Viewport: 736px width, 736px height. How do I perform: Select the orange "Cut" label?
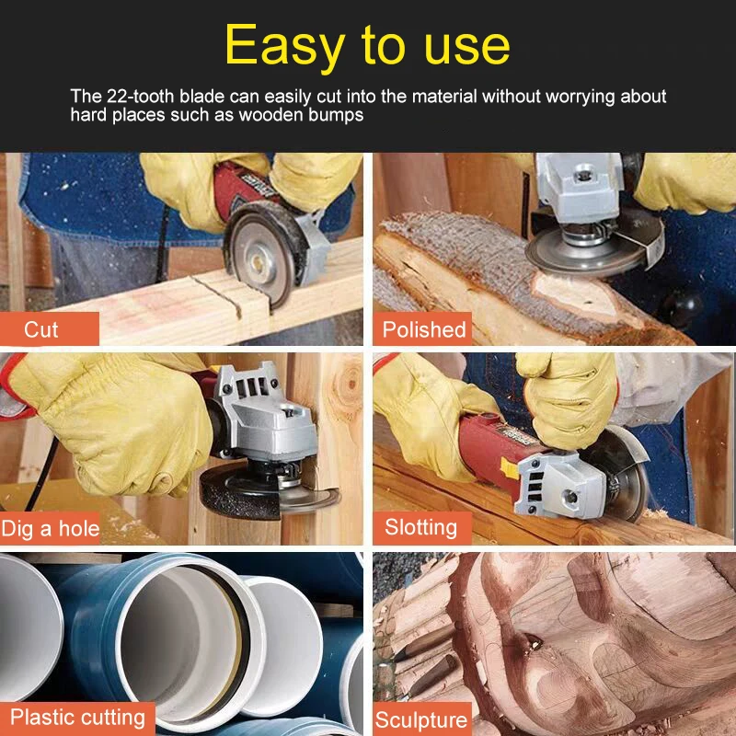[x=41, y=328]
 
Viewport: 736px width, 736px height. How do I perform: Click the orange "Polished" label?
[x=424, y=328]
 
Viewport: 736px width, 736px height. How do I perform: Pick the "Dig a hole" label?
[x=51, y=528]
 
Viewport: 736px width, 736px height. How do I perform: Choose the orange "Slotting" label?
[x=420, y=527]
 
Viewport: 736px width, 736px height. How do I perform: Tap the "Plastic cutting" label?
[x=77, y=717]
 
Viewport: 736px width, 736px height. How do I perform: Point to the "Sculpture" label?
[x=420, y=719]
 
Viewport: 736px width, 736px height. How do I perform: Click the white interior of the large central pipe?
[x=179, y=635]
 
